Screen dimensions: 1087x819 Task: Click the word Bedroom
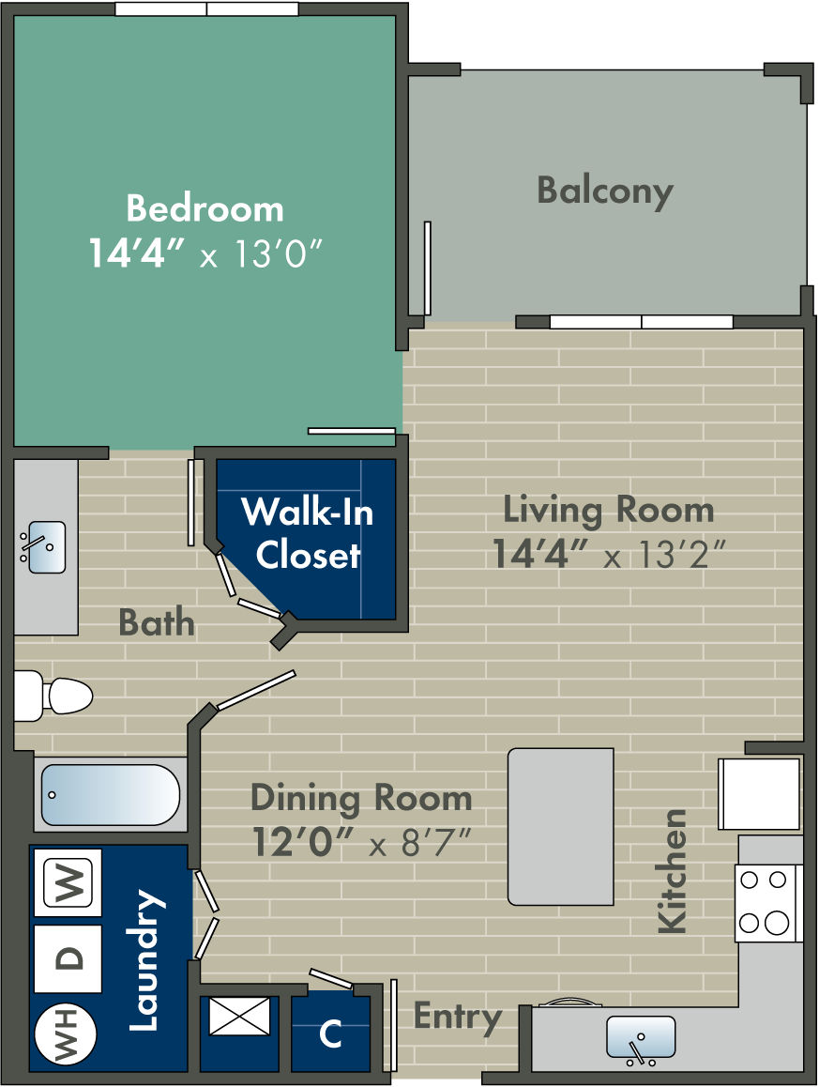(205, 207)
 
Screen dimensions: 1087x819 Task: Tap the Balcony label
(605, 191)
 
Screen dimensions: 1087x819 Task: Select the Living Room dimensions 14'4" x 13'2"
(608, 555)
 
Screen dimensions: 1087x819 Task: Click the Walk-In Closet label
(308, 533)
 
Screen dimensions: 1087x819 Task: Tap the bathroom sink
(43, 547)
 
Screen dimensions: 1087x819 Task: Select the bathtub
(110, 794)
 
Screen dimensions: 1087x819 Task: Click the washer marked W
(68, 883)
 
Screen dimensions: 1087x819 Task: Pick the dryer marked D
(68, 958)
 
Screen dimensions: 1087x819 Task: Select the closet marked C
(330, 1033)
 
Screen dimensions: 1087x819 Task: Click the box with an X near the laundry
(239, 1017)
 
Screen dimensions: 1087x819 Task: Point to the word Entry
(458, 1017)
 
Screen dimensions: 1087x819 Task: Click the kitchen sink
(641, 1038)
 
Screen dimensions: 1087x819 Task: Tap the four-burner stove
(764, 902)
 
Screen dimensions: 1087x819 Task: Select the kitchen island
(561, 826)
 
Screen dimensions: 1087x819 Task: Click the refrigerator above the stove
(759, 794)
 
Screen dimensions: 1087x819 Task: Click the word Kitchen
(673, 871)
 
